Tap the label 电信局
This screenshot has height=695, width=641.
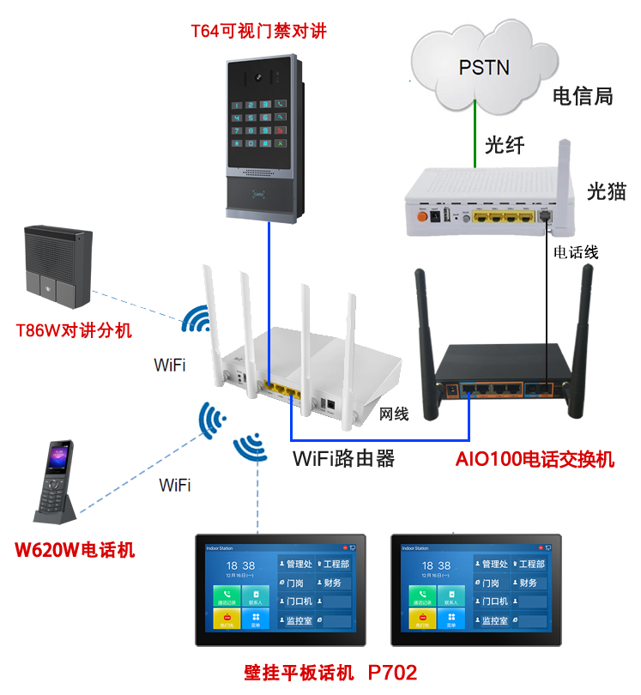(x=583, y=96)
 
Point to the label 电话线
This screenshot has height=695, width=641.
(x=576, y=252)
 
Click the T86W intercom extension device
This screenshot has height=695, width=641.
(x=58, y=266)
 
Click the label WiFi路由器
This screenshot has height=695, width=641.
(x=343, y=458)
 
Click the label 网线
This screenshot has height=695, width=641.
(x=394, y=414)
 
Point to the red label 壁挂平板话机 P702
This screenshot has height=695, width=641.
(x=330, y=672)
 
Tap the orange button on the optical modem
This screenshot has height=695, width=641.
(x=422, y=216)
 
